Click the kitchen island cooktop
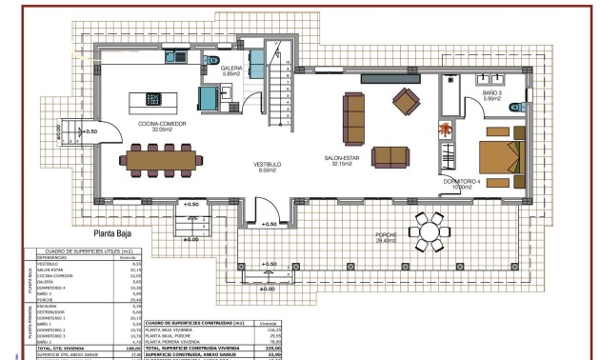(x=153, y=98)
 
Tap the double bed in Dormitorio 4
(x=500, y=152)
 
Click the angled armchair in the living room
(x=407, y=99)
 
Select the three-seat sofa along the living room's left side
(x=354, y=116)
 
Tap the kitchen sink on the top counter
(x=180, y=59)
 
